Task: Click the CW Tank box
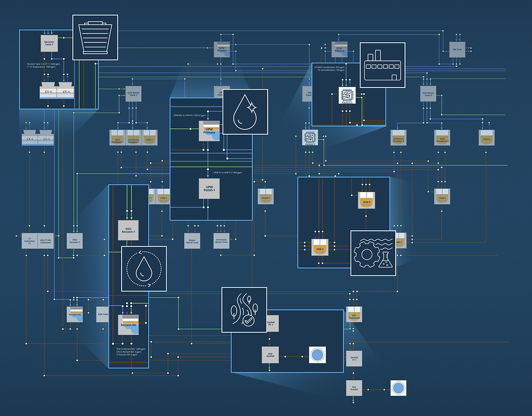[457, 49]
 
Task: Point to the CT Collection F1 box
[30, 241]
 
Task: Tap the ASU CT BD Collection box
[46, 241]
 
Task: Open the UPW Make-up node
[339, 49]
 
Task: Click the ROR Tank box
[103, 314]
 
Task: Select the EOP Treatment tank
[354, 314]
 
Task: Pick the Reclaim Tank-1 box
[49, 43]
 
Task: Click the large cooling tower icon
[96, 37]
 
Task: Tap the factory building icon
[383, 65]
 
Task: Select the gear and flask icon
[373, 253]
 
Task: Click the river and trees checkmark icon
[244, 310]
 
